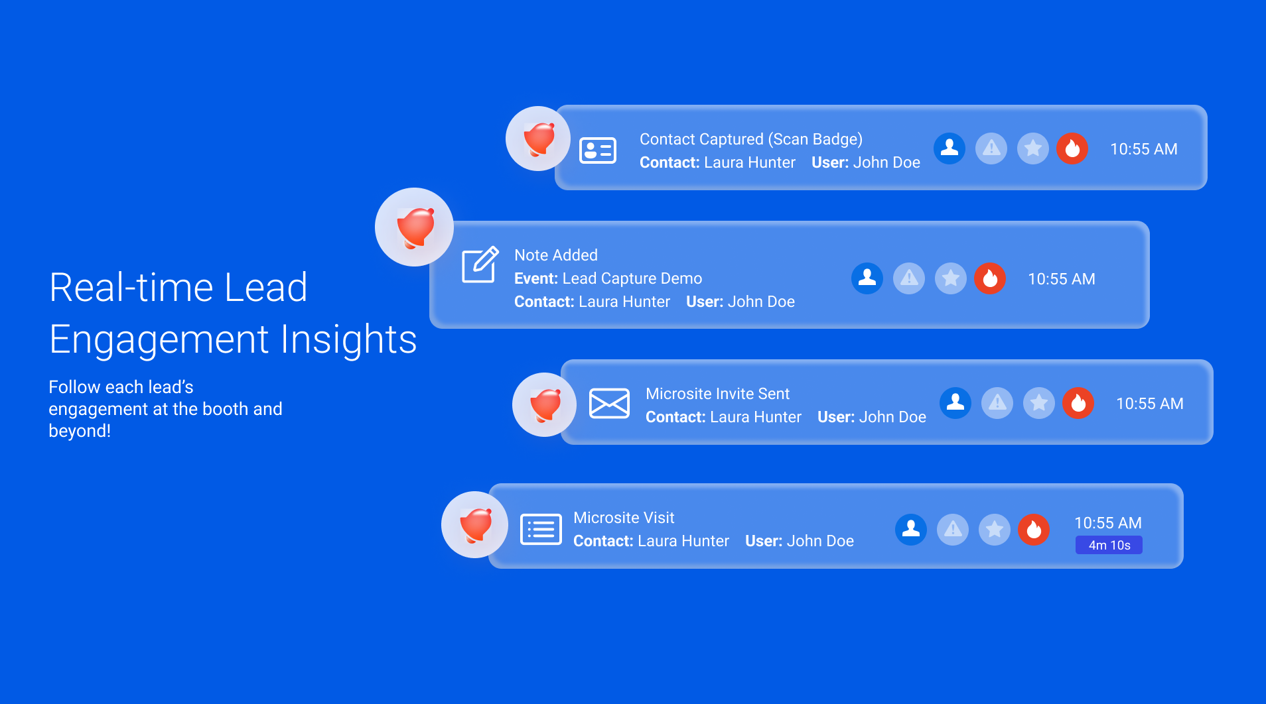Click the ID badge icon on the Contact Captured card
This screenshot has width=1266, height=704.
point(598,150)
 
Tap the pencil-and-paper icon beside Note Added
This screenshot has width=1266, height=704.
point(480,264)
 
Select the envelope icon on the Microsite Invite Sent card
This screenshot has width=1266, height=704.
point(609,403)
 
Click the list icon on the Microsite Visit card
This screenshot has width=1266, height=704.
point(541,529)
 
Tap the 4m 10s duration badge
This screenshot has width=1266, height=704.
point(1109,545)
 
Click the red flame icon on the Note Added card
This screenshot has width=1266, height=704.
point(990,278)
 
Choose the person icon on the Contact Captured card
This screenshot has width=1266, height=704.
point(949,148)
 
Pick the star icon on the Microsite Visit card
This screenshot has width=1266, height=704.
point(994,529)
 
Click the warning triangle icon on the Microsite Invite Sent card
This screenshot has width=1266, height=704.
point(997,402)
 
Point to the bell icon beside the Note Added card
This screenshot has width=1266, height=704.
point(415,227)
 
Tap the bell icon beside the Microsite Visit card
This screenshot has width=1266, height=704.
point(475,525)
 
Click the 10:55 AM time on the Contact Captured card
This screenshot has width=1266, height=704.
point(1144,149)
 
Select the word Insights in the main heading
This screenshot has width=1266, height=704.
point(348,339)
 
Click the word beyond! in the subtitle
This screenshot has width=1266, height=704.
point(80,431)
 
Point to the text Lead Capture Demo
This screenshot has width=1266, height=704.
point(632,278)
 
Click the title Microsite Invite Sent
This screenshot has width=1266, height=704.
point(717,394)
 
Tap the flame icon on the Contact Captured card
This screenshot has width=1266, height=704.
point(1072,148)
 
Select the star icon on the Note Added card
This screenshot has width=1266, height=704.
point(950,278)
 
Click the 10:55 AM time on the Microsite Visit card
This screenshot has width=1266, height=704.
point(1108,523)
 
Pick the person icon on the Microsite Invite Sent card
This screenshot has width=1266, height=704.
point(955,402)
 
